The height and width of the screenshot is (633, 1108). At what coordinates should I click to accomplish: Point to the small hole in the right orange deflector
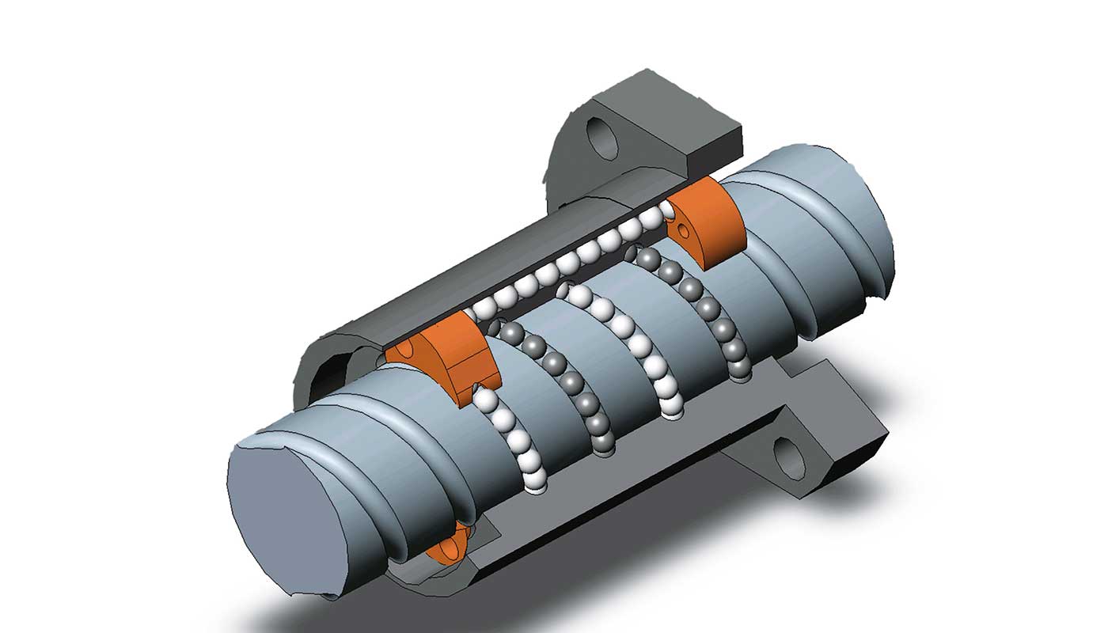click(679, 231)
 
